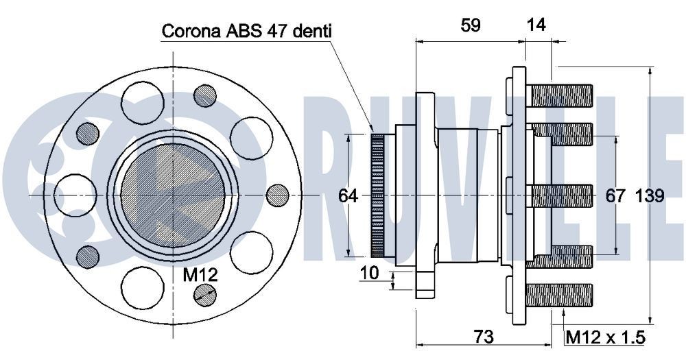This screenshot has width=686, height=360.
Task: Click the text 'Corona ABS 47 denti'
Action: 246,31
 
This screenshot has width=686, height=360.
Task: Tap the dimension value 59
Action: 470,25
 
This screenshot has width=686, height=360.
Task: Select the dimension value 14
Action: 536,25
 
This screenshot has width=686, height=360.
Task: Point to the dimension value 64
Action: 348,196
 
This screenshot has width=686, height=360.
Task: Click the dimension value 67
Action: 615,196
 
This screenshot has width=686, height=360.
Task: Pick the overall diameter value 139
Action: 650,196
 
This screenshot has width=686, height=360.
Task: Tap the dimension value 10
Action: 370,273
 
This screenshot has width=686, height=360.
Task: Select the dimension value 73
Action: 484,337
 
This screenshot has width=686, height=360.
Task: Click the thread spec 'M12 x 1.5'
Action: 605,337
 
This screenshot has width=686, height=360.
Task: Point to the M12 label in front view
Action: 200,276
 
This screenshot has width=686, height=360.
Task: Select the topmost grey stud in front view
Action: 204,96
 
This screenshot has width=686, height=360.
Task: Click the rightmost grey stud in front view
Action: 276,195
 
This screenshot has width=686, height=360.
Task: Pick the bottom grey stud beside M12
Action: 204,295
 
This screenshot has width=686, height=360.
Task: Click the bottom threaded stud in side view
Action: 560,296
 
